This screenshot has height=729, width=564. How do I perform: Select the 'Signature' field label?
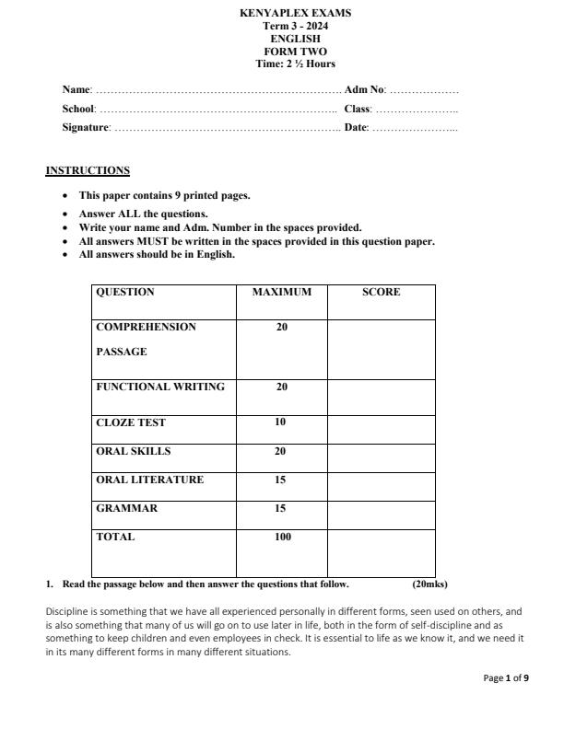tap(86, 127)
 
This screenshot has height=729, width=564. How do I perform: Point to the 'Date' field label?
tap(356, 127)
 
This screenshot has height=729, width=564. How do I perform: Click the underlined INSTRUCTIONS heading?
tap(88, 170)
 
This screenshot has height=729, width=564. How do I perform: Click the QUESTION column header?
tap(125, 293)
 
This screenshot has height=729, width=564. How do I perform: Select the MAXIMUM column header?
tap(281, 293)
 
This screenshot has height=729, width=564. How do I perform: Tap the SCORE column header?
tap(381, 293)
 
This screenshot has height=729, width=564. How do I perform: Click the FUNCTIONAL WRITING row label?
tap(160, 388)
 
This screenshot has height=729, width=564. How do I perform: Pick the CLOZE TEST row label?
tap(131, 423)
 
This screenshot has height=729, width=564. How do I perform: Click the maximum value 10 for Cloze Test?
tap(280, 422)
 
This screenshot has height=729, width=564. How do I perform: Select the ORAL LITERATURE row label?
tap(149, 480)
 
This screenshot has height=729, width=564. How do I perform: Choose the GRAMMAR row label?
tap(126, 509)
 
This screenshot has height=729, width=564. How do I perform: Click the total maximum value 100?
tap(282, 538)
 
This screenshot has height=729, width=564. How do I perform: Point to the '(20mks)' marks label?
tap(429, 584)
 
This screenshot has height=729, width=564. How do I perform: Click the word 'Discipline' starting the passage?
tap(66, 611)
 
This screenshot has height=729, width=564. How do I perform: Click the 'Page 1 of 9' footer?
tap(506, 678)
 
